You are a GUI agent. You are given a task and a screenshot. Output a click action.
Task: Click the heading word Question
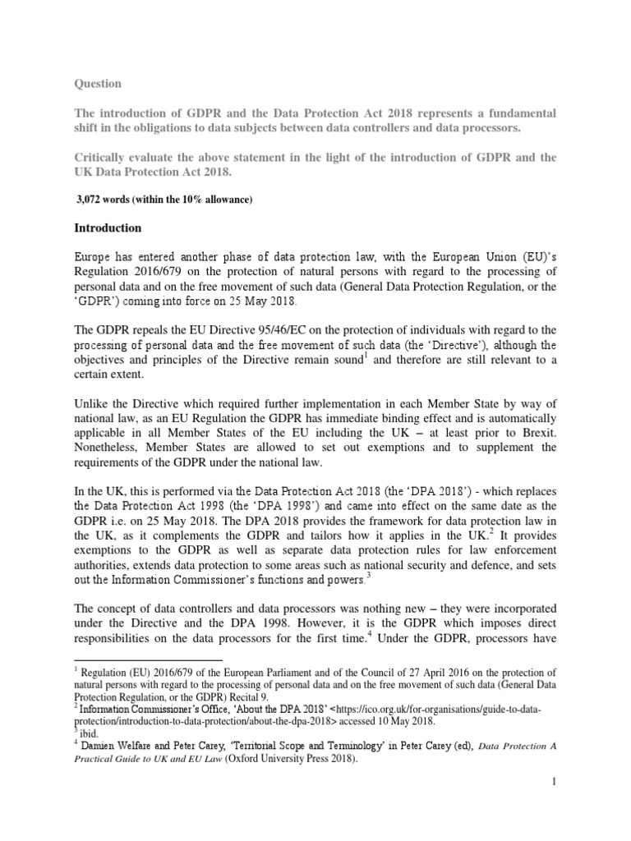[99, 84]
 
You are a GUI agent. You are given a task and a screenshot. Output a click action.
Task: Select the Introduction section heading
[108, 227]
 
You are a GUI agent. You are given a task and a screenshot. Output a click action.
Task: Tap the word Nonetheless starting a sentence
[113, 447]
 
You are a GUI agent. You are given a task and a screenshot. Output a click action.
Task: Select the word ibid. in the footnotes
[95, 725]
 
